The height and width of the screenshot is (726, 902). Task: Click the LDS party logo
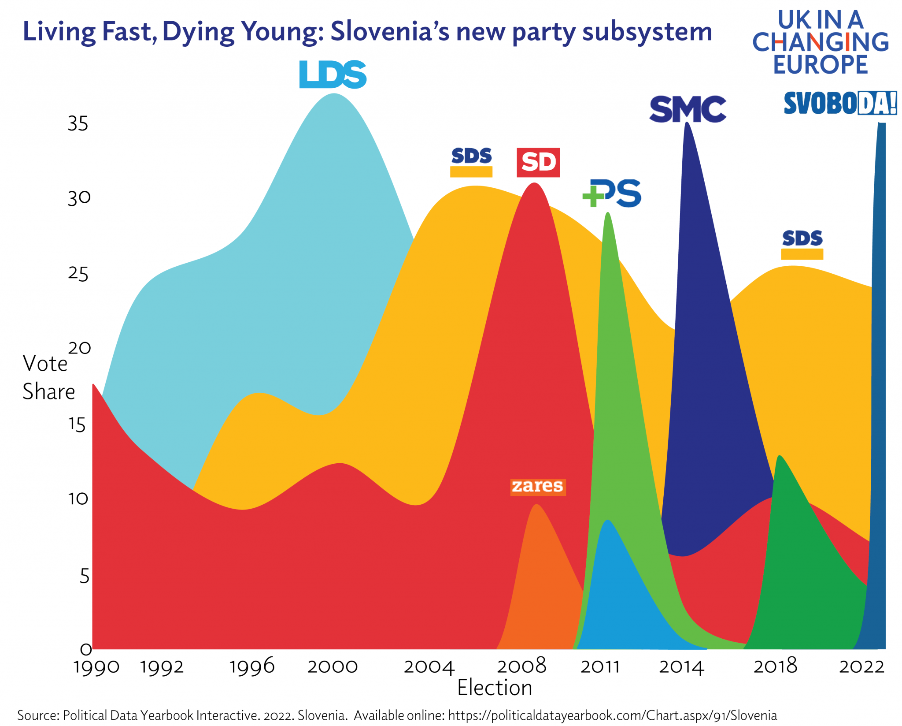coord(333,74)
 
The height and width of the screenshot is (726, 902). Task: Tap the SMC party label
coord(687,109)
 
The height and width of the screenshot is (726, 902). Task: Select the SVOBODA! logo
coord(840,103)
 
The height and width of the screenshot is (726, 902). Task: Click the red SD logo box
coord(538,162)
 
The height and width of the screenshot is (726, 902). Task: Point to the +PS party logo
coord(612,193)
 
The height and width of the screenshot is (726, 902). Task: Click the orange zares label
coord(537,487)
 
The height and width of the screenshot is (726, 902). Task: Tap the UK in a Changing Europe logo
coord(820,42)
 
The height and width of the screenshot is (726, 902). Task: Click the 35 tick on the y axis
coord(78,124)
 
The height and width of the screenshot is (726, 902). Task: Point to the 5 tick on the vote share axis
coord(85,576)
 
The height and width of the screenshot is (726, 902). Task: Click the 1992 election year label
coord(162,667)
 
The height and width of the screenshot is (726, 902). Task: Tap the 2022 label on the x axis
coord(861,667)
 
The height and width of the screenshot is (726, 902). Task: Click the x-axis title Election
coord(495,688)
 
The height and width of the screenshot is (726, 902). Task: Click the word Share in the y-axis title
coord(49,391)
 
